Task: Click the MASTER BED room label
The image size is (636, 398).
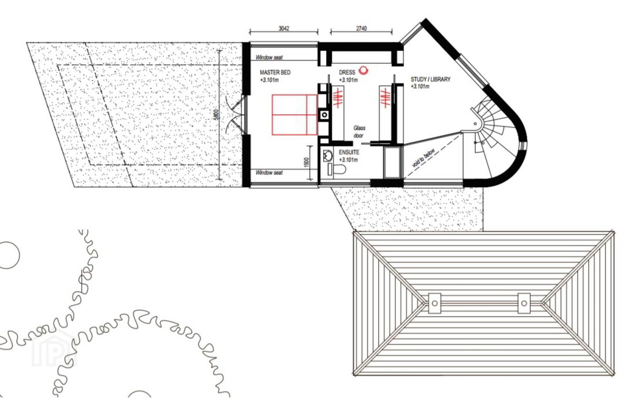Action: pyautogui.click(x=275, y=72)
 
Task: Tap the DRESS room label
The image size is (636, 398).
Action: pyautogui.click(x=347, y=72)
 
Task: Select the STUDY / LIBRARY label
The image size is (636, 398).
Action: pyautogui.click(x=431, y=79)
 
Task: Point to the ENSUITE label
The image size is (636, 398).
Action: pyautogui.click(x=349, y=152)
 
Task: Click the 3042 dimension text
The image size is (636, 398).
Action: pyautogui.click(x=284, y=28)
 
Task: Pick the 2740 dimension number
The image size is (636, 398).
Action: pyautogui.click(x=361, y=28)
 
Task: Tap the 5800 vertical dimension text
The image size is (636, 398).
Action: pyautogui.click(x=216, y=114)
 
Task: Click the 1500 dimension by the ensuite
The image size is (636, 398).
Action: pyautogui.click(x=307, y=163)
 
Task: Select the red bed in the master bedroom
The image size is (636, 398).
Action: pyautogui.click(x=295, y=115)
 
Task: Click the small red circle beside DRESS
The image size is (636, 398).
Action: pyautogui.click(x=364, y=70)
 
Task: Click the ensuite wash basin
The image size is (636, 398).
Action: pyautogui.click(x=327, y=156)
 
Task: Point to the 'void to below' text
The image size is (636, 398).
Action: pyautogui.click(x=423, y=158)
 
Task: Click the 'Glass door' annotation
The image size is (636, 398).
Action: pyautogui.click(x=359, y=132)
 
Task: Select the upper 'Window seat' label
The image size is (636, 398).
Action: pyautogui.click(x=269, y=57)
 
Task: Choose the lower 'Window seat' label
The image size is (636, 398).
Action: pyautogui.click(x=269, y=172)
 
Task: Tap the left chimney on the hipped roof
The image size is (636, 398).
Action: pyautogui.click(x=435, y=303)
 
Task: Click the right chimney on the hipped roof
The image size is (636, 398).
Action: pyautogui.click(x=524, y=303)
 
